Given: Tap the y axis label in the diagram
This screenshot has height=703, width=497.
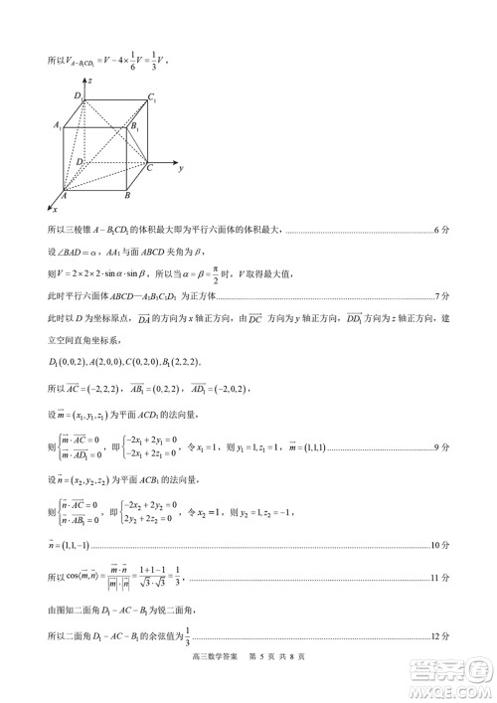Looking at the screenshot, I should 181,170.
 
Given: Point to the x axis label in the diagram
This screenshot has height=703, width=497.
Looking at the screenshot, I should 55,210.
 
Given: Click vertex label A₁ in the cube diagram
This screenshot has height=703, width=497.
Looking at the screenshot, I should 59,126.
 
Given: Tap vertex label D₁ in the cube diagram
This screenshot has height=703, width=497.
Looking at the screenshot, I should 77,94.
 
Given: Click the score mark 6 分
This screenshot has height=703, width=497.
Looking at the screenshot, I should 442,232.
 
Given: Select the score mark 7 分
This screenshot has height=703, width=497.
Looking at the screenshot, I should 442,296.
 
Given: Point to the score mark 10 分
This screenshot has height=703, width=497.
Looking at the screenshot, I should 440,545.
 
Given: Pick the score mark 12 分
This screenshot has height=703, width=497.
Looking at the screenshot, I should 440,638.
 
